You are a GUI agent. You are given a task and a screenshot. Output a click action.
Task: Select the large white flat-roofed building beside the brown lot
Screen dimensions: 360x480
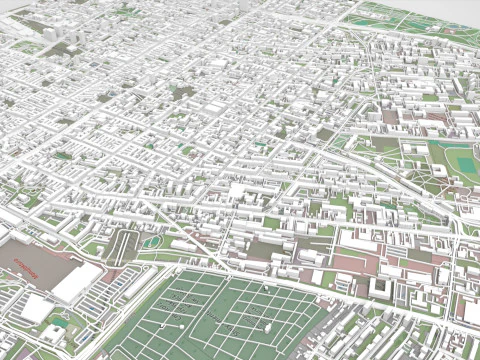point(78,281)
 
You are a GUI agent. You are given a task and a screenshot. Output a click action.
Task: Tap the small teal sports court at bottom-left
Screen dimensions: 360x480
point(57,322)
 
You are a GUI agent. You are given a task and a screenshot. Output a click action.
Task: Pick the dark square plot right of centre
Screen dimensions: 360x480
point(324,132)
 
